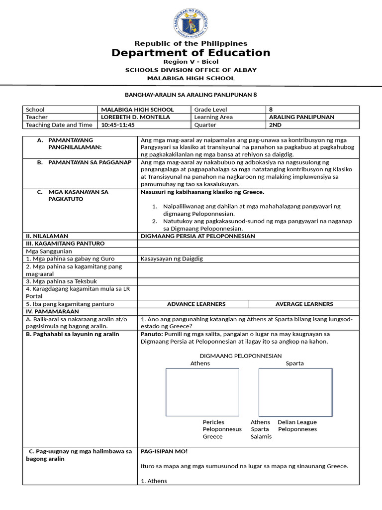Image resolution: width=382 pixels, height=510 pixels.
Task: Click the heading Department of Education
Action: coord(191,53)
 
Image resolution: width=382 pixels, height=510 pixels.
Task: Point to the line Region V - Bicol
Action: coord(191,62)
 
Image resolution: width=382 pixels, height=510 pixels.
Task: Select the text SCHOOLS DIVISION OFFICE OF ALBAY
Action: coord(191,70)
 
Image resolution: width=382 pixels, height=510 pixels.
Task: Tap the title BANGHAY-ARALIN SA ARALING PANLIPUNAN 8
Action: coord(191,94)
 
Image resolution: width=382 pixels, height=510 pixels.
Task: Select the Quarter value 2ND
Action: coord(275,125)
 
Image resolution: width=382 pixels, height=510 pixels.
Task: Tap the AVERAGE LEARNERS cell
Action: coord(304,304)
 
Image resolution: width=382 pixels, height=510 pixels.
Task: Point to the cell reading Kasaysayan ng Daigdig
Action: coord(172,258)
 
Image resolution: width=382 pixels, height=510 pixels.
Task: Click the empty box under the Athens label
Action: coord(202,392)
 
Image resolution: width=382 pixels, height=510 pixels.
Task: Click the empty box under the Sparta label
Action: coord(295,392)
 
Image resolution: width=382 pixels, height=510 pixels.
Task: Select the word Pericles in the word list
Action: coord(213,422)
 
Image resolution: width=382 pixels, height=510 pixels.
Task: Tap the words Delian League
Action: coord(297,422)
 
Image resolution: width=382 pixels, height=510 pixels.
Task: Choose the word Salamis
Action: coord(261,437)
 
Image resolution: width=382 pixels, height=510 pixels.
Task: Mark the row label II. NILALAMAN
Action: coord(47,236)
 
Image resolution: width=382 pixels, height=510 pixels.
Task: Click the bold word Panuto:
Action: coord(152,334)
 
